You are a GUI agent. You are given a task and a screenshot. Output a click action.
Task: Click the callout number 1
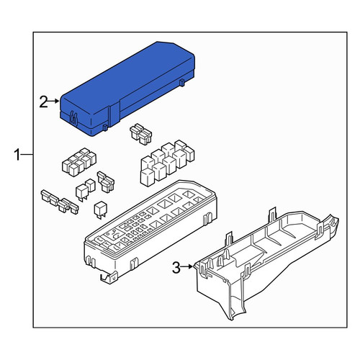pyautogui.click(x=17, y=155)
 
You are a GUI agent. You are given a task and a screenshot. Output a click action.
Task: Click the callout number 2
pyautogui.click(x=43, y=102)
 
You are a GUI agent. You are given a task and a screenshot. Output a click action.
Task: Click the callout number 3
pyautogui.click(x=176, y=268)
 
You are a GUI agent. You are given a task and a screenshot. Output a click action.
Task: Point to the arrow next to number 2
pyautogui.click(x=53, y=101)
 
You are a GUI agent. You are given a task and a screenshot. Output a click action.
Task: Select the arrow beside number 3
pyautogui.click(x=186, y=266)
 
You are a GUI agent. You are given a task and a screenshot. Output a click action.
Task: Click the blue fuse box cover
pyautogui.click(x=127, y=89)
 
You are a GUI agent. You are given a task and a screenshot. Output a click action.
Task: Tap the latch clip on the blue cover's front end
pyautogui.click(x=73, y=118)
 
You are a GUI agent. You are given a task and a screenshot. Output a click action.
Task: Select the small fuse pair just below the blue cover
pyautogui.click(x=141, y=134)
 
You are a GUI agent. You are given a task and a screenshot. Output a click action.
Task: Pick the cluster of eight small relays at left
pyautogui.click(x=79, y=162)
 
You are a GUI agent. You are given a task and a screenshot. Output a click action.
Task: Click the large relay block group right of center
pyautogui.click(x=167, y=163)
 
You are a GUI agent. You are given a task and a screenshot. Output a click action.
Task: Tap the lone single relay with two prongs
pyautogui.click(x=101, y=210)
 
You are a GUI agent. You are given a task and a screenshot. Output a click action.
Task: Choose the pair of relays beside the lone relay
pyautogui.click(x=85, y=189)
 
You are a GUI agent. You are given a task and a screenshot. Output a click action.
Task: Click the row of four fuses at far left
pyautogui.click(x=60, y=202)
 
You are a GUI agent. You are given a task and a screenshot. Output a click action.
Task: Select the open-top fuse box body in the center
pyautogui.click(x=150, y=232)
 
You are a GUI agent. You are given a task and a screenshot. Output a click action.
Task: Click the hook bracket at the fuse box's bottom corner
pyautogui.click(x=109, y=278)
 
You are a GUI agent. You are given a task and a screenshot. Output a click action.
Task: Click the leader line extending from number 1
pyautogui.click(x=27, y=155)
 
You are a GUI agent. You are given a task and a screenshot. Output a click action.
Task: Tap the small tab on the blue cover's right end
pyautogui.click(x=182, y=82)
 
